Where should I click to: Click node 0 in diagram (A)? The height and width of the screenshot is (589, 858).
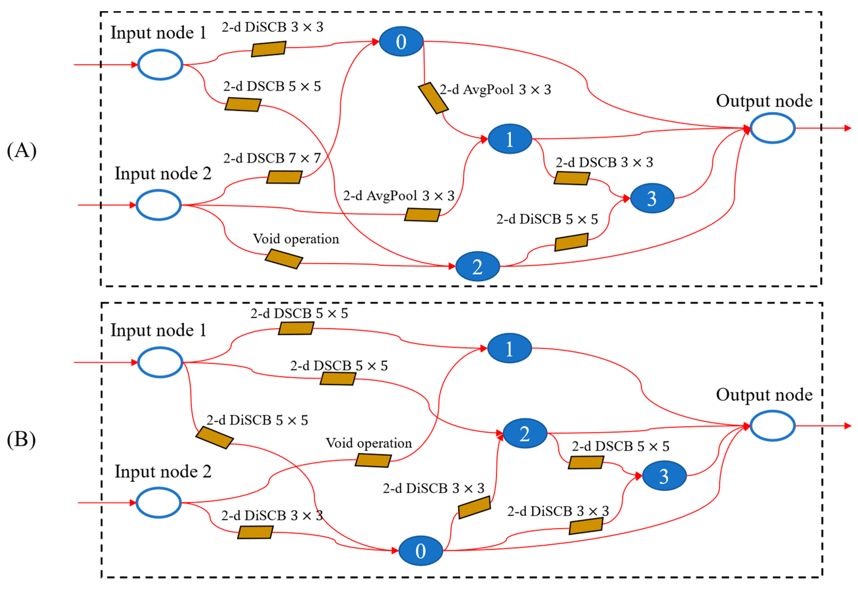click(401, 41)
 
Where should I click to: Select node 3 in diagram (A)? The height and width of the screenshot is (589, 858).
click(652, 198)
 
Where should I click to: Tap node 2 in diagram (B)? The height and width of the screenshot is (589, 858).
click(525, 433)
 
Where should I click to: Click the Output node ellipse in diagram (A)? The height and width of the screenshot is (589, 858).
click(772, 128)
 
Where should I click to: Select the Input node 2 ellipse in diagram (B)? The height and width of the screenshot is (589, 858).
click(158, 503)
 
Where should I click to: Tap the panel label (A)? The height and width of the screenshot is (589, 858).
click(21, 151)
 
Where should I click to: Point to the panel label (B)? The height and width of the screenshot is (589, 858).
click(21, 440)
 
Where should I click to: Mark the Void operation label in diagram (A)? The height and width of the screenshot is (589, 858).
click(296, 239)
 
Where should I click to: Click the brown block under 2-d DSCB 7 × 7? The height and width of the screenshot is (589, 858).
click(284, 177)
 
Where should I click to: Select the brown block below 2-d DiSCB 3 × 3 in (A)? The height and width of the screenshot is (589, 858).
click(268, 49)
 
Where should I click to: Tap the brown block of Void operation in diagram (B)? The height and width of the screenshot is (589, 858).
click(373, 461)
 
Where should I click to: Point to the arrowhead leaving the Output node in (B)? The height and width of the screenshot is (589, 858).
click(848, 426)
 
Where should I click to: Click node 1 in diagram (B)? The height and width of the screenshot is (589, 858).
click(509, 348)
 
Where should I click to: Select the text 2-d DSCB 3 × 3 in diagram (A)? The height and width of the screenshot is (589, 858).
click(604, 163)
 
